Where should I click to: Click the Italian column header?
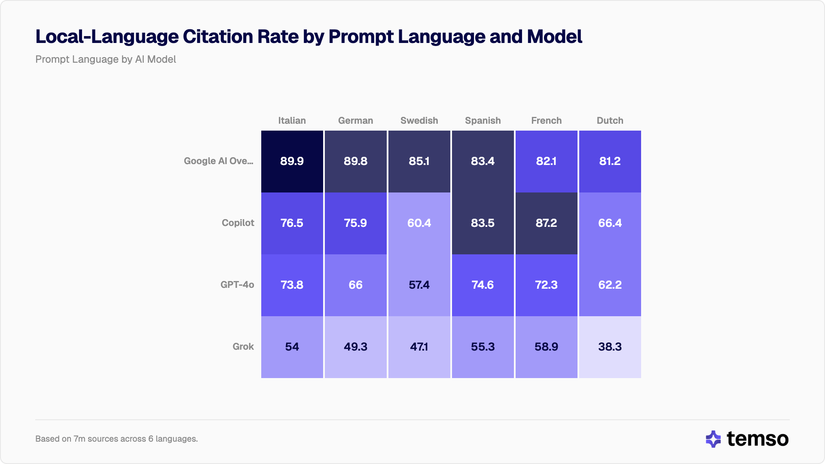point(292,121)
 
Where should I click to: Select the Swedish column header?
point(419,121)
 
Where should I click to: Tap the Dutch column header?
point(610,121)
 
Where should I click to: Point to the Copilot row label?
point(238,223)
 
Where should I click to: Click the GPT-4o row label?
point(237,285)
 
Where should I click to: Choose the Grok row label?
point(243,347)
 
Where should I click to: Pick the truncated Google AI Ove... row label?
point(218,161)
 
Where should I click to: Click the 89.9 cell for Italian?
point(292,162)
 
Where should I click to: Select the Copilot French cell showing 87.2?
point(546,223)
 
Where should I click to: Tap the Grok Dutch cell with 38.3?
point(610,347)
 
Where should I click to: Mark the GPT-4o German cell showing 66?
point(355,285)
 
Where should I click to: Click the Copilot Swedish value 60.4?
point(419,223)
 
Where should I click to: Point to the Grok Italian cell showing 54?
point(292,347)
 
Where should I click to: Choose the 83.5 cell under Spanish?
point(483,223)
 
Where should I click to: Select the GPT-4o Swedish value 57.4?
point(419,285)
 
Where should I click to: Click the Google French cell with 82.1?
point(546,162)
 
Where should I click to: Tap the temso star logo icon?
point(713,439)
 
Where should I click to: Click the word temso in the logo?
point(758,439)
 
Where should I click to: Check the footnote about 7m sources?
point(116,439)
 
